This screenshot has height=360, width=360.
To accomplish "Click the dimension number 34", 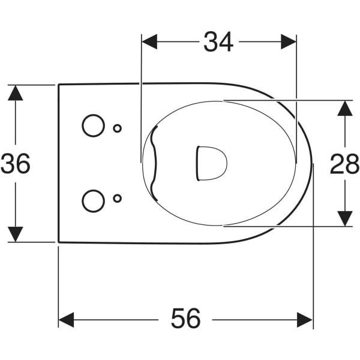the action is pyautogui.click(x=218, y=42).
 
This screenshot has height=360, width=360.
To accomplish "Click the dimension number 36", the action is pyautogui.click(x=16, y=163).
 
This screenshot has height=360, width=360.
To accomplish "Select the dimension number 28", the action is pyautogui.click(x=344, y=164).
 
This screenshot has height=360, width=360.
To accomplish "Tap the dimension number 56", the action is pyautogui.click(x=185, y=319).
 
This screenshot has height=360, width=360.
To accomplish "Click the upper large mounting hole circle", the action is pyautogui.click(x=93, y=125).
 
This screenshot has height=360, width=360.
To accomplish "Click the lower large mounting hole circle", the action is pyautogui.click(x=94, y=201).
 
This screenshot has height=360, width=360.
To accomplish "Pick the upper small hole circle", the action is pyautogui.click(x=118, y=128).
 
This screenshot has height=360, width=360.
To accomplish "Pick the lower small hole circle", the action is pyautogui.click(x=118, y=199).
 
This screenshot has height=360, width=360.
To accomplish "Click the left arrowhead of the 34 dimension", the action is pyautogui.click(x=149, y=42).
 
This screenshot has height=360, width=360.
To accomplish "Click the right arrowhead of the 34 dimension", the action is pyautogui.click(x=289, y=42).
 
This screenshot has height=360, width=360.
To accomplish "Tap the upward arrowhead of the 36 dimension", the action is pyautogui.click(x=16, y=93).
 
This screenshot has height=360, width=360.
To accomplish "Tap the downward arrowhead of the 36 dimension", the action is pyautogui.click(x=16, y=234).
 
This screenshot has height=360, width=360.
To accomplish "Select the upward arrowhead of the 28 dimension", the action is pyautogui.click(x=345, y=108).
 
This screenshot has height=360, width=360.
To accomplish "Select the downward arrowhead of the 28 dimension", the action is pyautogui.click(x=345, y=219).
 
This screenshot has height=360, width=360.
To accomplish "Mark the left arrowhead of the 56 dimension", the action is pyautogui.click(x=66, y=320).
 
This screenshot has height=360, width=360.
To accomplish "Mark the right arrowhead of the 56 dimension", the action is pyautogui.click(x=304, y=320).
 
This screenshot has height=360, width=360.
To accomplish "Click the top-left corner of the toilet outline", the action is pyautogui.click(x=59, y=85).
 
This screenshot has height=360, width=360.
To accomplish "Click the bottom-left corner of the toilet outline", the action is pyautogui.click(x=59, y=242).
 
